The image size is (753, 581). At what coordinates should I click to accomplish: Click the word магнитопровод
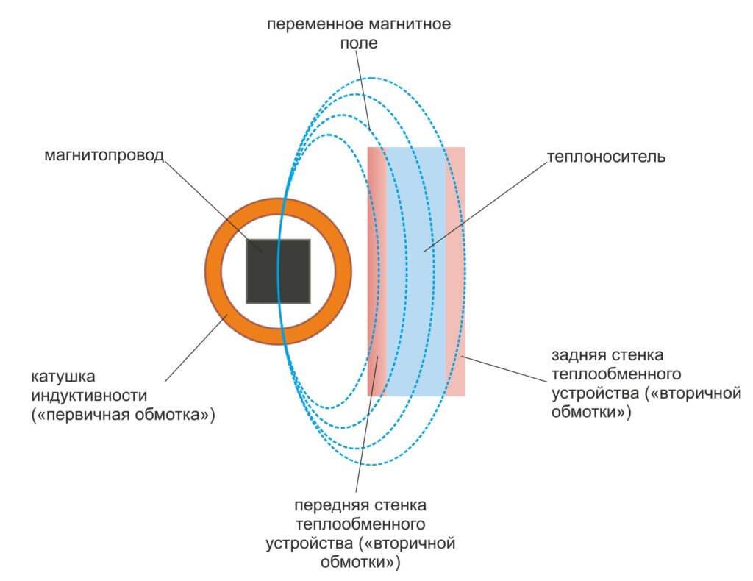(x=102, y=157)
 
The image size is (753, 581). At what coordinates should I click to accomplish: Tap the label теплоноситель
(x=605, y=157)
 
